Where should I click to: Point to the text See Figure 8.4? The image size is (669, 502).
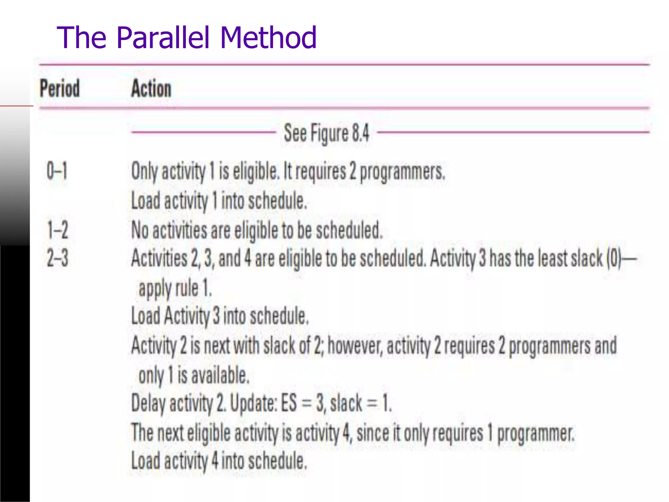tap(326, 133)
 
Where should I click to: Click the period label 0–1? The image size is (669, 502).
tap(57, 171)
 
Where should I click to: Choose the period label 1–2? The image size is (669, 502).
tap(58, 230)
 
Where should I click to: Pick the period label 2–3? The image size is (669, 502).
tap(57, 258)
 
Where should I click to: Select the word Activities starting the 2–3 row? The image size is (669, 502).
tap(159, 258)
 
